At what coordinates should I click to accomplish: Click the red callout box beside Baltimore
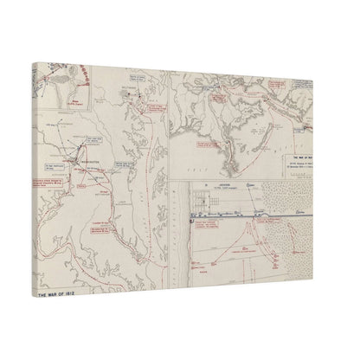pyautogui.click(x=156, y=109)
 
